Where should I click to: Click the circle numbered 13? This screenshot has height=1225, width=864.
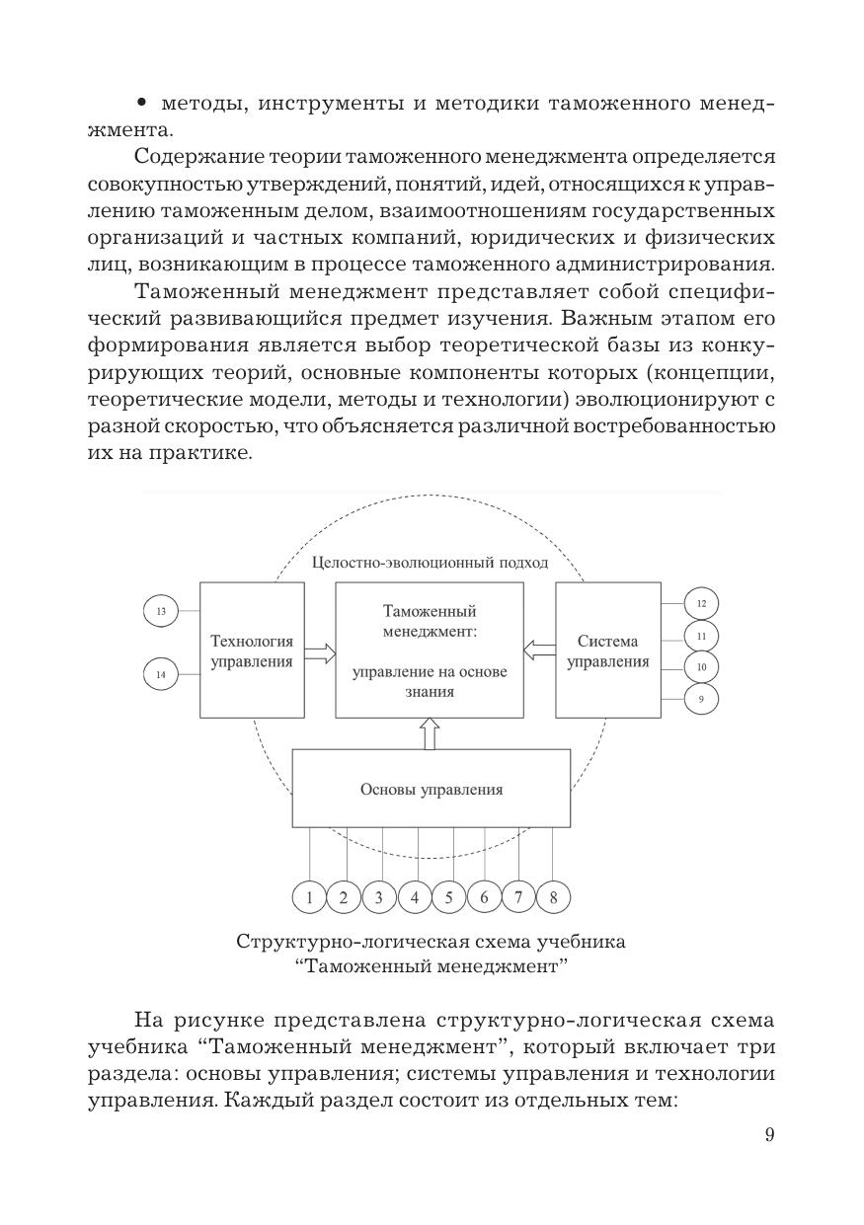160,612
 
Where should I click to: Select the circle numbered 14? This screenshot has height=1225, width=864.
160,674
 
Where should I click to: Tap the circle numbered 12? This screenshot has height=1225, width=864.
701,603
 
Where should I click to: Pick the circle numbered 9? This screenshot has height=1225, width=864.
701,699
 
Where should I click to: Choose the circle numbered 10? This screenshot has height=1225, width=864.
701,667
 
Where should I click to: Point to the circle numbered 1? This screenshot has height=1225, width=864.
309,897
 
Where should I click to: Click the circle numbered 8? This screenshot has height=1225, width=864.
553,897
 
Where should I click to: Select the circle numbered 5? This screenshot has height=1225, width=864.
448,897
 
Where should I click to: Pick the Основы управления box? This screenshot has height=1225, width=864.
431,789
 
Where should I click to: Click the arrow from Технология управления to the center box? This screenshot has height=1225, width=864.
320,651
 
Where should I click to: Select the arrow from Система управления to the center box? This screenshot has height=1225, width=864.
539,650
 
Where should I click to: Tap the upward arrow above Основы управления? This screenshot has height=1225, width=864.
430,733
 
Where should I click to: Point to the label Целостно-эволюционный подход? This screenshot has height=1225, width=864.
430,563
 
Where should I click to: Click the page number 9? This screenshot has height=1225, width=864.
769,1134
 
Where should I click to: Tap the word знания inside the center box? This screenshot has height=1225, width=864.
430,692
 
